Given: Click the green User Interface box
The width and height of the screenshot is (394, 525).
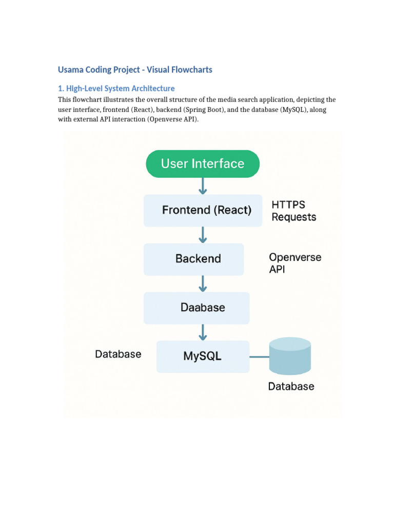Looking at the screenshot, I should click(x=203, y=164).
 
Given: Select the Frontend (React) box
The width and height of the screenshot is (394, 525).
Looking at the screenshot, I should click(x=203, y=210).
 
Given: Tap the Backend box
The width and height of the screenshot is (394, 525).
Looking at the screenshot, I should click(x=194, y=259).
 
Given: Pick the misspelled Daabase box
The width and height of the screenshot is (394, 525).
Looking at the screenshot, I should click(x=196, y=308).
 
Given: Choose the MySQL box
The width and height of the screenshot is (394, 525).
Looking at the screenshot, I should click(x=203, y=356).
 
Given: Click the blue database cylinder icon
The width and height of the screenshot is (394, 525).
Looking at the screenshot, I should click(x=290, y=357).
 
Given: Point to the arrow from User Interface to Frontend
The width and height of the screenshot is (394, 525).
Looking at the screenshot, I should click(x=203, y=186).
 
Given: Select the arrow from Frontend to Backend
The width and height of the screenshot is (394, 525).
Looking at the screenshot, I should click(x=203, y=235).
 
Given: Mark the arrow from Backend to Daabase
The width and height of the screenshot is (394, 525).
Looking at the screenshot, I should click(x=203, y=283).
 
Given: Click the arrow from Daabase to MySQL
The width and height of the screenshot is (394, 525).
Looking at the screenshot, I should click(x=203, y=332).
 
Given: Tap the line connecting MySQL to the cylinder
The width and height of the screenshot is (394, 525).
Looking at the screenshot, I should click(x=259, y=357).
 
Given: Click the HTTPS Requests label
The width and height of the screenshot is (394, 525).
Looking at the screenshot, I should click(x=293, y=211).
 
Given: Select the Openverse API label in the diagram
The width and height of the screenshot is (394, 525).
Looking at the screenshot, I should click(x=295, y=263).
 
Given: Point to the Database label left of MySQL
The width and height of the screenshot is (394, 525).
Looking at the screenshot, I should click(x=118, y=354).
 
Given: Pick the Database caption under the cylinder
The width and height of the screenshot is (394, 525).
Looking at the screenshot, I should click(x=291, y=387).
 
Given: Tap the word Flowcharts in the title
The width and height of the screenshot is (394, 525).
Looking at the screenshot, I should click(x=191, y=69).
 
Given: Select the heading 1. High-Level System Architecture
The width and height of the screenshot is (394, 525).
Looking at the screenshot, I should click(x=116, y=88).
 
